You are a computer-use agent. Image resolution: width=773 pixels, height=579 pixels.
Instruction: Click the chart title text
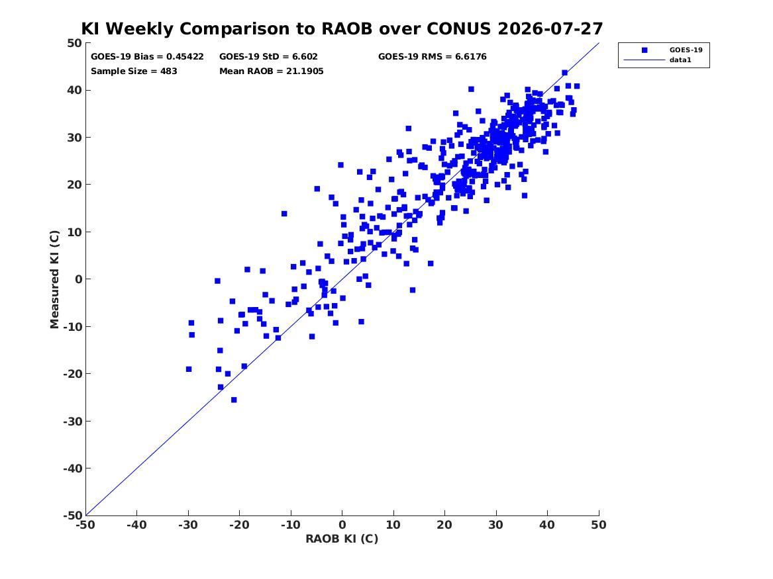(342, 28)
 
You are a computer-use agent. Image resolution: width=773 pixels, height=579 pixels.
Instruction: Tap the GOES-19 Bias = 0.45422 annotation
(147, 57)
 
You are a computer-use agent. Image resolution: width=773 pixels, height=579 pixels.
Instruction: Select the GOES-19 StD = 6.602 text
(269, 57)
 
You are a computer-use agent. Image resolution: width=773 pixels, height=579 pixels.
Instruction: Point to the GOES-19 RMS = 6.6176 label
(433, 57)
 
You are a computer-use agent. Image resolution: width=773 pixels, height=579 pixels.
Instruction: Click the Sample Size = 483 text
(134, 71)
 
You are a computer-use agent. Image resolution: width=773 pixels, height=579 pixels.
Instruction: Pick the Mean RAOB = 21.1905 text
(272, 71)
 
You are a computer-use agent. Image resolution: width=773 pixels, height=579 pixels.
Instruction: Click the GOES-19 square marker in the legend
(644, 50)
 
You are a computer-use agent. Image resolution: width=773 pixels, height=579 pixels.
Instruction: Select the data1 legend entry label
(680, 60)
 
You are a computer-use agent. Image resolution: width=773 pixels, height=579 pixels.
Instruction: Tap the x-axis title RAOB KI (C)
(342, 539)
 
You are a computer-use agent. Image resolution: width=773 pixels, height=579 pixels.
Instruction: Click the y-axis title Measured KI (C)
(54, 279)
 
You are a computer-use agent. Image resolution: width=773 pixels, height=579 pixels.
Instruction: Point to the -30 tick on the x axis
(188, 525)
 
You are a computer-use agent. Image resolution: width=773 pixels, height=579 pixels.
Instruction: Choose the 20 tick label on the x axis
(444, 525)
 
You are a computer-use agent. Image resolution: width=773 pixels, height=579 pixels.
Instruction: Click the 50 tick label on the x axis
(599, 525)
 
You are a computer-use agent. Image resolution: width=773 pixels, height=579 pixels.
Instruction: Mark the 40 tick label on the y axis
(75, 90)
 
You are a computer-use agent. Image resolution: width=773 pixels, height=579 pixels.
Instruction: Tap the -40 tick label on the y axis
(72, 468)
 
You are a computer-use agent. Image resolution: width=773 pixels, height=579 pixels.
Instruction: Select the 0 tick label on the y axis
(79, 279)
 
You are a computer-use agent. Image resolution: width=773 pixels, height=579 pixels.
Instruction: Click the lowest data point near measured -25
(234, 400)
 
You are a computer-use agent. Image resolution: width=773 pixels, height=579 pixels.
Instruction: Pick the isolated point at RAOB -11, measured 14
(284, 214)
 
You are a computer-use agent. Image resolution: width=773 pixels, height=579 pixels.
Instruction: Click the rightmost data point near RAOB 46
(577, 86)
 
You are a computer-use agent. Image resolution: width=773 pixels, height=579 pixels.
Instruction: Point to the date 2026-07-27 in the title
(550, 28)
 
